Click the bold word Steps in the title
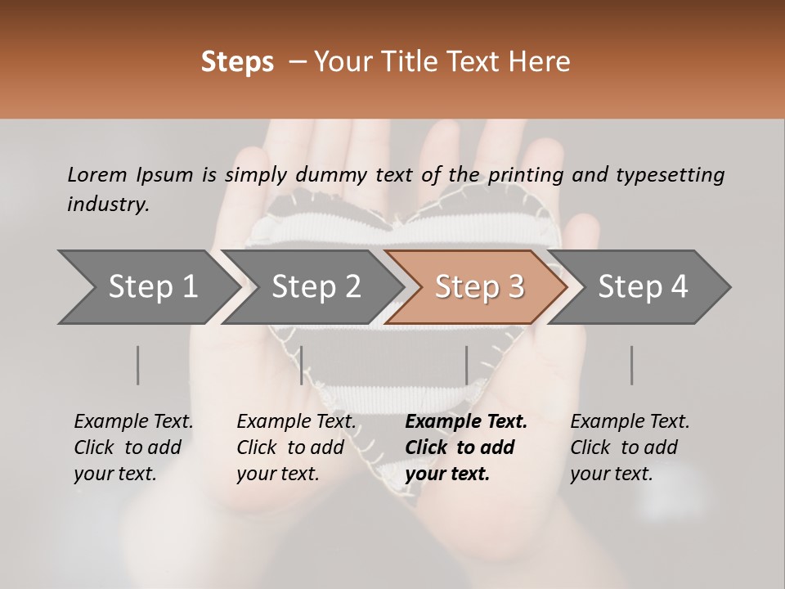(237, 62)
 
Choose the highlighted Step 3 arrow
(479, 287)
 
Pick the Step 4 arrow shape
(643, 287)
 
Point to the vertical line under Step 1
(138, 365)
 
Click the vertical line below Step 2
(302, 365)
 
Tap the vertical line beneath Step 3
(467, 365)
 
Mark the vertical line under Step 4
(632, 365)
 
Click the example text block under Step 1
(133, 447)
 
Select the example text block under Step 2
(296, 447)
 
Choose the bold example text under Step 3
(465, 447)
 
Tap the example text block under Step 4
(630, 447)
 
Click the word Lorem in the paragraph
(96, 175)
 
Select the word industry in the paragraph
(107, 205)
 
